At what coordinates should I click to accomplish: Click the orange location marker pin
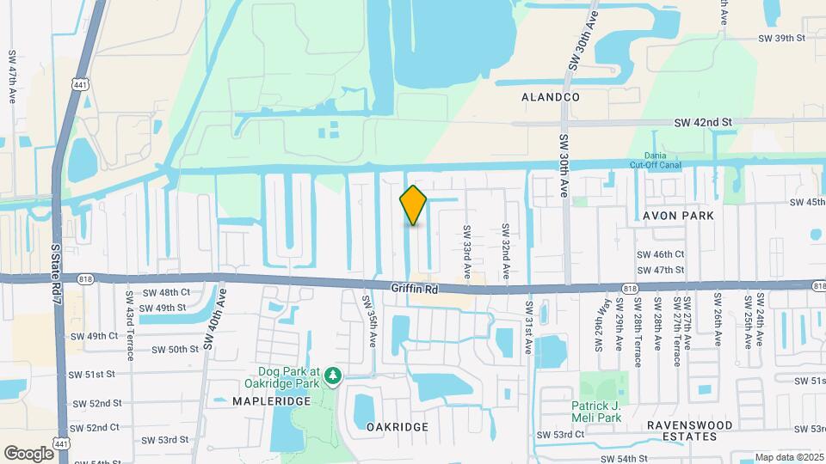coord(413,205)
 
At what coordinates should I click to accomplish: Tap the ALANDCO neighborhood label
coord(551,98)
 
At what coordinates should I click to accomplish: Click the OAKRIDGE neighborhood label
coord(397,426)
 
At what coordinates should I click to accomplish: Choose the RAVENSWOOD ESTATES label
coord(690,430)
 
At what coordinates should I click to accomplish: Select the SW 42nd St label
coord(702,123)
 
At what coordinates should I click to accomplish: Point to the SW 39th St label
coord(780,39)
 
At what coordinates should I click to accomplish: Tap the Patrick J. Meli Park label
coord(607,412)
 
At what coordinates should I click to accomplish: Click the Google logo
coord(28,453)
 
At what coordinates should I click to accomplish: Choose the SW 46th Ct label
coord(660,254)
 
